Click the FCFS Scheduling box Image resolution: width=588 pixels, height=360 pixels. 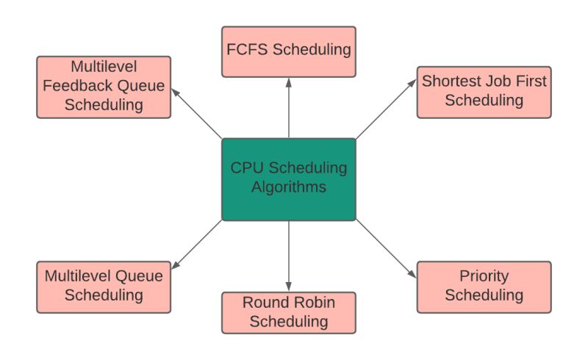[x=289, y=51]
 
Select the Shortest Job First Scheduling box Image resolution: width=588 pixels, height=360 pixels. [x=484, y=92]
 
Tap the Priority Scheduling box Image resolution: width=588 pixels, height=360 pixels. [x=484, y=287]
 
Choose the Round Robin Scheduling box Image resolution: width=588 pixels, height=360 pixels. [x=289, y=312]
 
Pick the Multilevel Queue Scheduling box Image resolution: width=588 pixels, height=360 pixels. [x=104, y=287]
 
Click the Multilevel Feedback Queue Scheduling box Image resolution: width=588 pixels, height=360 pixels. [x=104, y=87]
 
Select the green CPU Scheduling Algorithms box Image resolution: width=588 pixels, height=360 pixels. [x=289, y=179]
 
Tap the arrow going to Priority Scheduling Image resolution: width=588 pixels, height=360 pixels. [x=387, y=250]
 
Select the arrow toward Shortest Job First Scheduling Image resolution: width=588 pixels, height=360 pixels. [x=387, y=109]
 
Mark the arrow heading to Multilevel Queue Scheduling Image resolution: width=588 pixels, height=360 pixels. [x=196, y=245]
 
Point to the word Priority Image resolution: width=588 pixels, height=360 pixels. [x=484, y=277]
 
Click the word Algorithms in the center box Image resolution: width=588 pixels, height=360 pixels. [x=289, y=187]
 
